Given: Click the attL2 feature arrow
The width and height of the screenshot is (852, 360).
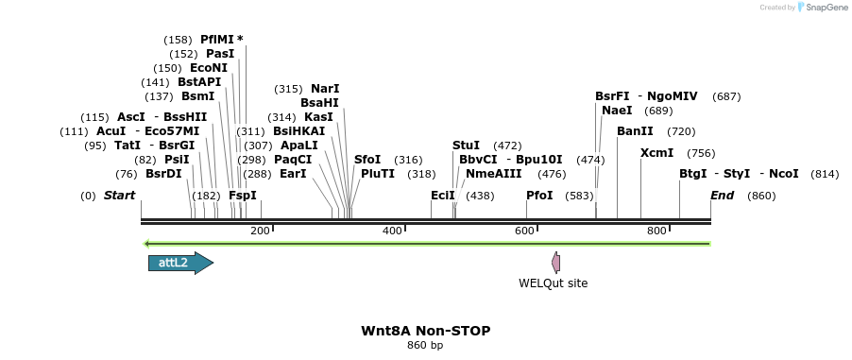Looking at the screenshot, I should click(179, 263).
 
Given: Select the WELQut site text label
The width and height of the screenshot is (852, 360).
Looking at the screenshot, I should click(553, 283).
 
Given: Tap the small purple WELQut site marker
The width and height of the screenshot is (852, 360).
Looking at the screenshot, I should click(556, 263).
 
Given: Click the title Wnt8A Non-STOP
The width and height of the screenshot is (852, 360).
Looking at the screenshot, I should click(425, 331).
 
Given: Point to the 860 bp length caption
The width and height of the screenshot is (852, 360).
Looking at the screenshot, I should click(425, 345).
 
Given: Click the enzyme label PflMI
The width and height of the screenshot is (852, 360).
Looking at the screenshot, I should click(216, 40).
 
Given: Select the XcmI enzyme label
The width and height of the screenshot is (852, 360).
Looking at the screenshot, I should click(656, 153).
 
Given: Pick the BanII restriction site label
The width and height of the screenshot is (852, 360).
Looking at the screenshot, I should click(635, 131).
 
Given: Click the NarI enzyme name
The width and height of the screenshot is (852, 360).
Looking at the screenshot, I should click(325, 89).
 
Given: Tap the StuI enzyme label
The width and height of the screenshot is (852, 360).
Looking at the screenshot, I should click(466, 146).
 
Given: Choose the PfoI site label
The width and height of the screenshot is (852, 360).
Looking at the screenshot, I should click(539, 196).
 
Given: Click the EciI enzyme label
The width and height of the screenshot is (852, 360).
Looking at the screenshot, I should click(442, 196).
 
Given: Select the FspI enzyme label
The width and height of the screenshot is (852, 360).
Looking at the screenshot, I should click(243, 196).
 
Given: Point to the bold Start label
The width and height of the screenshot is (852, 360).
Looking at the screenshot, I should click(120, 196).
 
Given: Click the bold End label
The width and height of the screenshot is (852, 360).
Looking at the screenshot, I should click(723, 196).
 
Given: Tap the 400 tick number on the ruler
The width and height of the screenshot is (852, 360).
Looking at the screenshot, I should click(391, 231).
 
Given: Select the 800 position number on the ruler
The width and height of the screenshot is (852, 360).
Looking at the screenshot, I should click(656, 231).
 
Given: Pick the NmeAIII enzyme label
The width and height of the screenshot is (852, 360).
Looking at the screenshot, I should click(493, 174).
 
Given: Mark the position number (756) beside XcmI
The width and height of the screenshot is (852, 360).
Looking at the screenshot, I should click(701, 153).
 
